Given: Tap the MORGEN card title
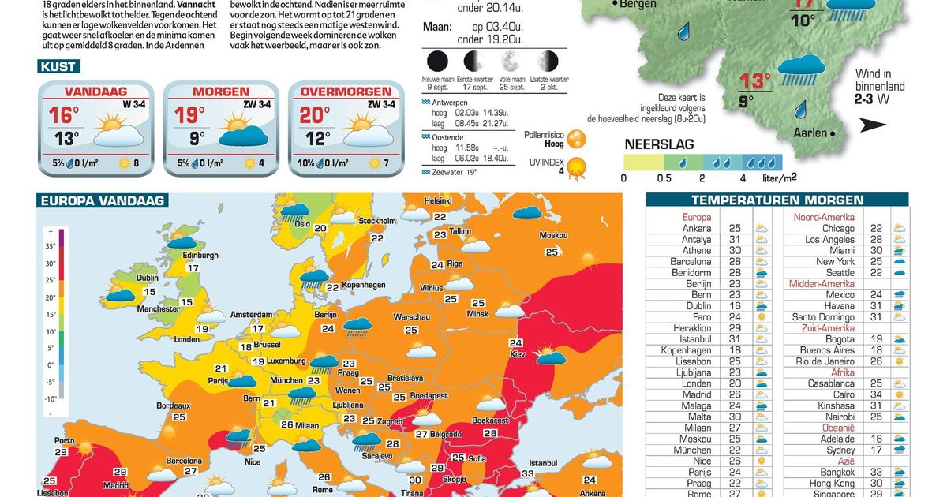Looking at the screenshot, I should coord(220,92).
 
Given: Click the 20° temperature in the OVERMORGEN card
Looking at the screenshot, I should coord(314,115).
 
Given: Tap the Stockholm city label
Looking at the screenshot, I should coord(376,221).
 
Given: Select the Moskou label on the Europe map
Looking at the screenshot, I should coord(553,235).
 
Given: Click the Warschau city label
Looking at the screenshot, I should coord(410,317).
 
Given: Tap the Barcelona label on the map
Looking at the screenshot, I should coord(185,460).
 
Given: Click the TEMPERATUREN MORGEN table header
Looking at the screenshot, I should coord(777,200).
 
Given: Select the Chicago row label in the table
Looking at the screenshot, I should coord(838,228).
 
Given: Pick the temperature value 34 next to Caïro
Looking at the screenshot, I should coord(876,394).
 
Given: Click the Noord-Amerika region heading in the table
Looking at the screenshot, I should coord(824,217).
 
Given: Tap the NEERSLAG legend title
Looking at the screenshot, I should coord(659,145).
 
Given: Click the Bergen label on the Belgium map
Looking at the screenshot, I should coord(638,5).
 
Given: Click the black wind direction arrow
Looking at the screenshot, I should coord(873,124).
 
